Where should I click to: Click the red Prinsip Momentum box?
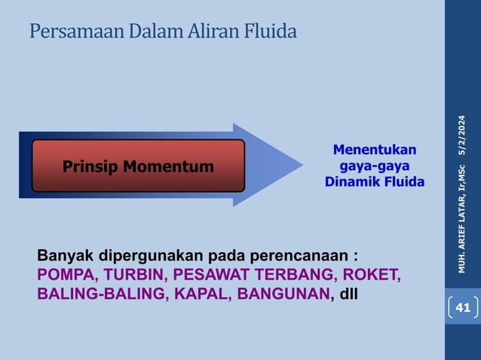click(x=138, y=166)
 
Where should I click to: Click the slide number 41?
click(x=462, y=307)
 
